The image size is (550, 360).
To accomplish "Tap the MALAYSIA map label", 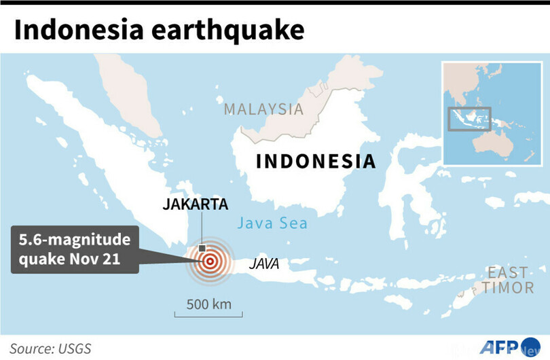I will coord(263,109).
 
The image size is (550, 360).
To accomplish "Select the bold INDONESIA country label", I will coord(315,162).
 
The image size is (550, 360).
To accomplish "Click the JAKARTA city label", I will coord(195,204).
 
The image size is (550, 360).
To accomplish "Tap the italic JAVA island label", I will coord(263,263).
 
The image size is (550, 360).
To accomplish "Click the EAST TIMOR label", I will coord(508,280).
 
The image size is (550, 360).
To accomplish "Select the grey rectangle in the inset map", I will coord(469,118).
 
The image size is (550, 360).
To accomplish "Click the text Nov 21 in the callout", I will coord(101,260).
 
